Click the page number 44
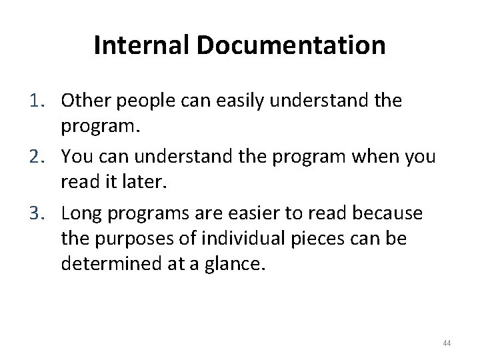tap(447, 343)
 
